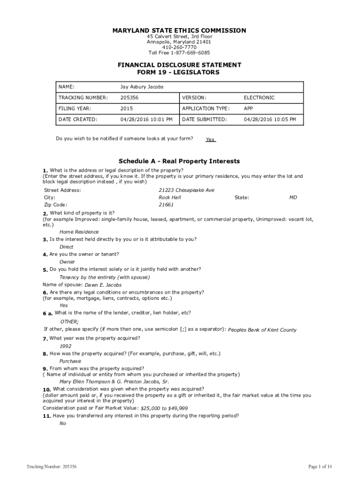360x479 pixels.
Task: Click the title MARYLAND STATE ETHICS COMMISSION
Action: (179, 30)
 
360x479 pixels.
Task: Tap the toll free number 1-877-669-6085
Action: (179, 53)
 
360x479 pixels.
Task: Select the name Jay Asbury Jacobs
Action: (142, 87)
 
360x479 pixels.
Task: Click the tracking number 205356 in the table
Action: (130, 98)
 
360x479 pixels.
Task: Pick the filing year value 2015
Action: (127, 109)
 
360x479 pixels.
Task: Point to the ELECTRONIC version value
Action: (259, 98)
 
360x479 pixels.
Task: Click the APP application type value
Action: (249, 109)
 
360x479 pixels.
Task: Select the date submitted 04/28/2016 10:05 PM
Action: (270, 119)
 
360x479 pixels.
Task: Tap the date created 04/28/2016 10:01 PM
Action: (146, 119)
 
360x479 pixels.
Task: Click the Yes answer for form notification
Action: (210, 140)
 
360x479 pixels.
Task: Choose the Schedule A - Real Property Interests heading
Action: (180, 161)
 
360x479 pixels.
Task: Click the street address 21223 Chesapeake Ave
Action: (187, 190)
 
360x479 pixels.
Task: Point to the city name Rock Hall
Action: (170, 197)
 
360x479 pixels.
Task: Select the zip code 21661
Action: (166, 205)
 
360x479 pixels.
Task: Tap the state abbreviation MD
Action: (293, 197)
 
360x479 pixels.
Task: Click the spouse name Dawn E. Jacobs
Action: (103, 285)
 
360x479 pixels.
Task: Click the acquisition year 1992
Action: (65, 346)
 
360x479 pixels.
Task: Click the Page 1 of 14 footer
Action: (320, 466)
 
